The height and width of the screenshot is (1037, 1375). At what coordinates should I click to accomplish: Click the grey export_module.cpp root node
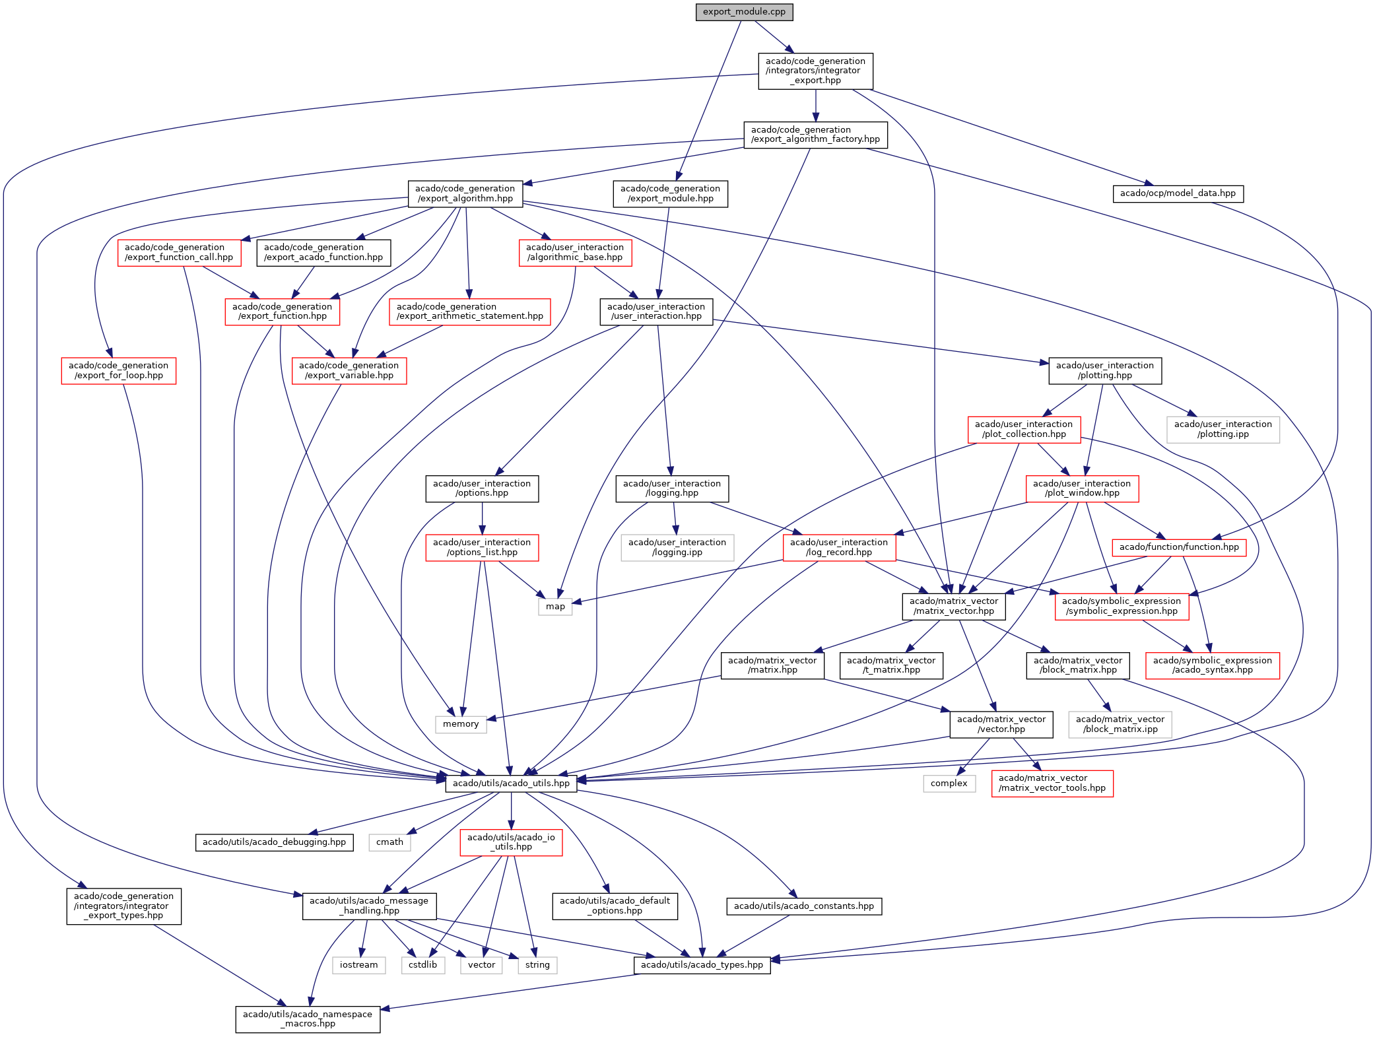744,12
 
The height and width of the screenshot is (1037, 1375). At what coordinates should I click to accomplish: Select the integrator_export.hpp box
815,71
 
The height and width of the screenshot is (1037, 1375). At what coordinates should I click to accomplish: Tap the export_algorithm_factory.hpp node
815,135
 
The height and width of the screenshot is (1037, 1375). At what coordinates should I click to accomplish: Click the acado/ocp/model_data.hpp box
1178,193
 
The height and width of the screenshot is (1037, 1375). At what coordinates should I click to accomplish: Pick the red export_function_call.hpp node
179,252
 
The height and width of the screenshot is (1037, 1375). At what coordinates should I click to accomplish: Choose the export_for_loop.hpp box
119,370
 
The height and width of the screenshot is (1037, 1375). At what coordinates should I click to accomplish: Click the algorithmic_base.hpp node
575,252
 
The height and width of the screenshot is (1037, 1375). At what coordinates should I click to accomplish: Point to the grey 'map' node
555,607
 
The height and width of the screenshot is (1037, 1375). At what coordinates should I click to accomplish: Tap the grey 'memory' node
461,724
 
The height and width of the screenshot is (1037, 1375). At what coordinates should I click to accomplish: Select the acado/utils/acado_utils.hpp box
511,784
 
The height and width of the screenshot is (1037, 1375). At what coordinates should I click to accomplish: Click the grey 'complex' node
949,784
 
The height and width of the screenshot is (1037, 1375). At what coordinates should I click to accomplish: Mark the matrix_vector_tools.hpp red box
1052,784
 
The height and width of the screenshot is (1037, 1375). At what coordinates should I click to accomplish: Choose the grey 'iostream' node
358,965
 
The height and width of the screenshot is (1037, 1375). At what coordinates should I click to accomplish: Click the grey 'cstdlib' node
422,965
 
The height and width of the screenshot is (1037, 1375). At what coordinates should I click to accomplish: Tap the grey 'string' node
537,965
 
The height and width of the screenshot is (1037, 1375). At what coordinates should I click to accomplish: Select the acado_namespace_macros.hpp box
308,1019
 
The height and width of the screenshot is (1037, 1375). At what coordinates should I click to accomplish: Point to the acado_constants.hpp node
803,906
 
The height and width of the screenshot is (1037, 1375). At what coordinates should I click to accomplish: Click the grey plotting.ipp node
1223,429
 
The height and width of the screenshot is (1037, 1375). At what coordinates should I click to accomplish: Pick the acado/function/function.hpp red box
1179,547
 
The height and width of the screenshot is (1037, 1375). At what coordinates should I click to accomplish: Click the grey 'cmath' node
389,842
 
